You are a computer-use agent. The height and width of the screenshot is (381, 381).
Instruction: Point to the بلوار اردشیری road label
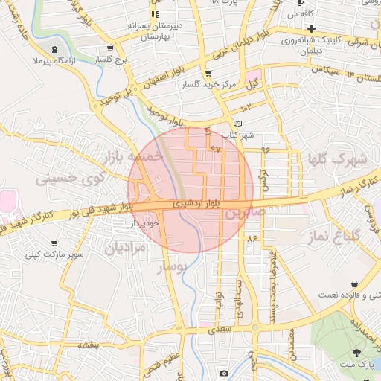[x=193, y=202]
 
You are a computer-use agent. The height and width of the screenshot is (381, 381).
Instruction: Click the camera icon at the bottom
[x=224, y=373]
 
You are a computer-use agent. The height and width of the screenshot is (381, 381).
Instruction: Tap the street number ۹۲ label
[x=217, y=150]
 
